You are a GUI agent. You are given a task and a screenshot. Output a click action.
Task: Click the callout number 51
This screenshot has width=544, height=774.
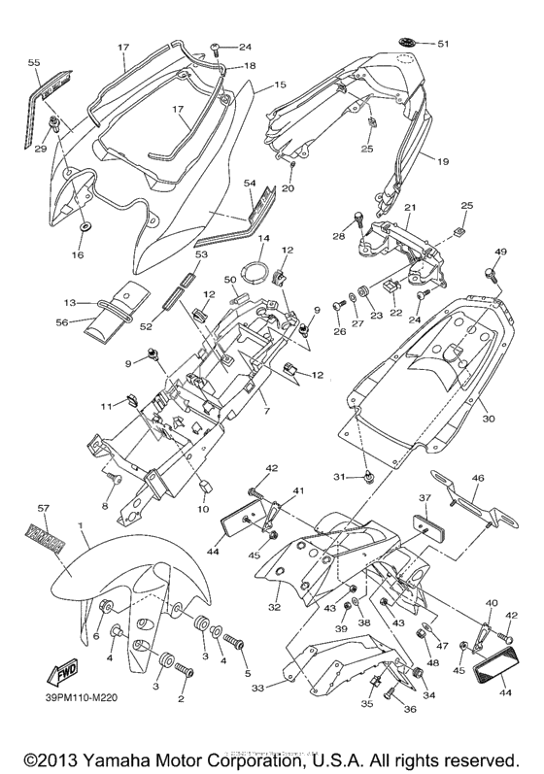tap(443, 45)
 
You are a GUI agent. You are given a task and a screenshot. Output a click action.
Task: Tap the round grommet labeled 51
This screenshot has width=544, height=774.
tap(407, 43)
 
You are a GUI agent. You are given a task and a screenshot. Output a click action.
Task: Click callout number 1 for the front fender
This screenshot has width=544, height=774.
tap(82, 525)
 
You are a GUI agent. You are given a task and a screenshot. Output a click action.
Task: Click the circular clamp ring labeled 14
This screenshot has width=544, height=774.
tap(257, 269)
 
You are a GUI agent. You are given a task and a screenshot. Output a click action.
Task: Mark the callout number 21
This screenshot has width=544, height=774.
tap(409, 207)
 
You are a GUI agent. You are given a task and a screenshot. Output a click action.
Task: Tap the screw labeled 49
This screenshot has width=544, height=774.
tap(500, 274)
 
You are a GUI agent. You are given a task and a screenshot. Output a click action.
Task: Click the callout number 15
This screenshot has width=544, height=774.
tap(280, 85)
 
